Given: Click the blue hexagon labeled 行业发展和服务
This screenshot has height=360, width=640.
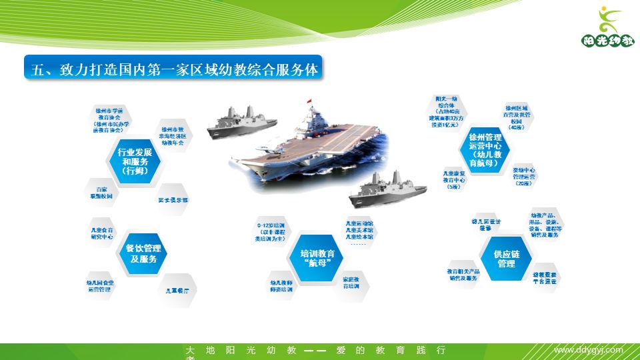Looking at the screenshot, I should (135, 161).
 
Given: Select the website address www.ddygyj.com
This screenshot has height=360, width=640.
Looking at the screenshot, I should (589, 350).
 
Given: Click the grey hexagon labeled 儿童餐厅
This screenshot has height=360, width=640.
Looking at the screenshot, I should (177, 291).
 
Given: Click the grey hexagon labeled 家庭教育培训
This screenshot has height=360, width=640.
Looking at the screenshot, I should (351, 283).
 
